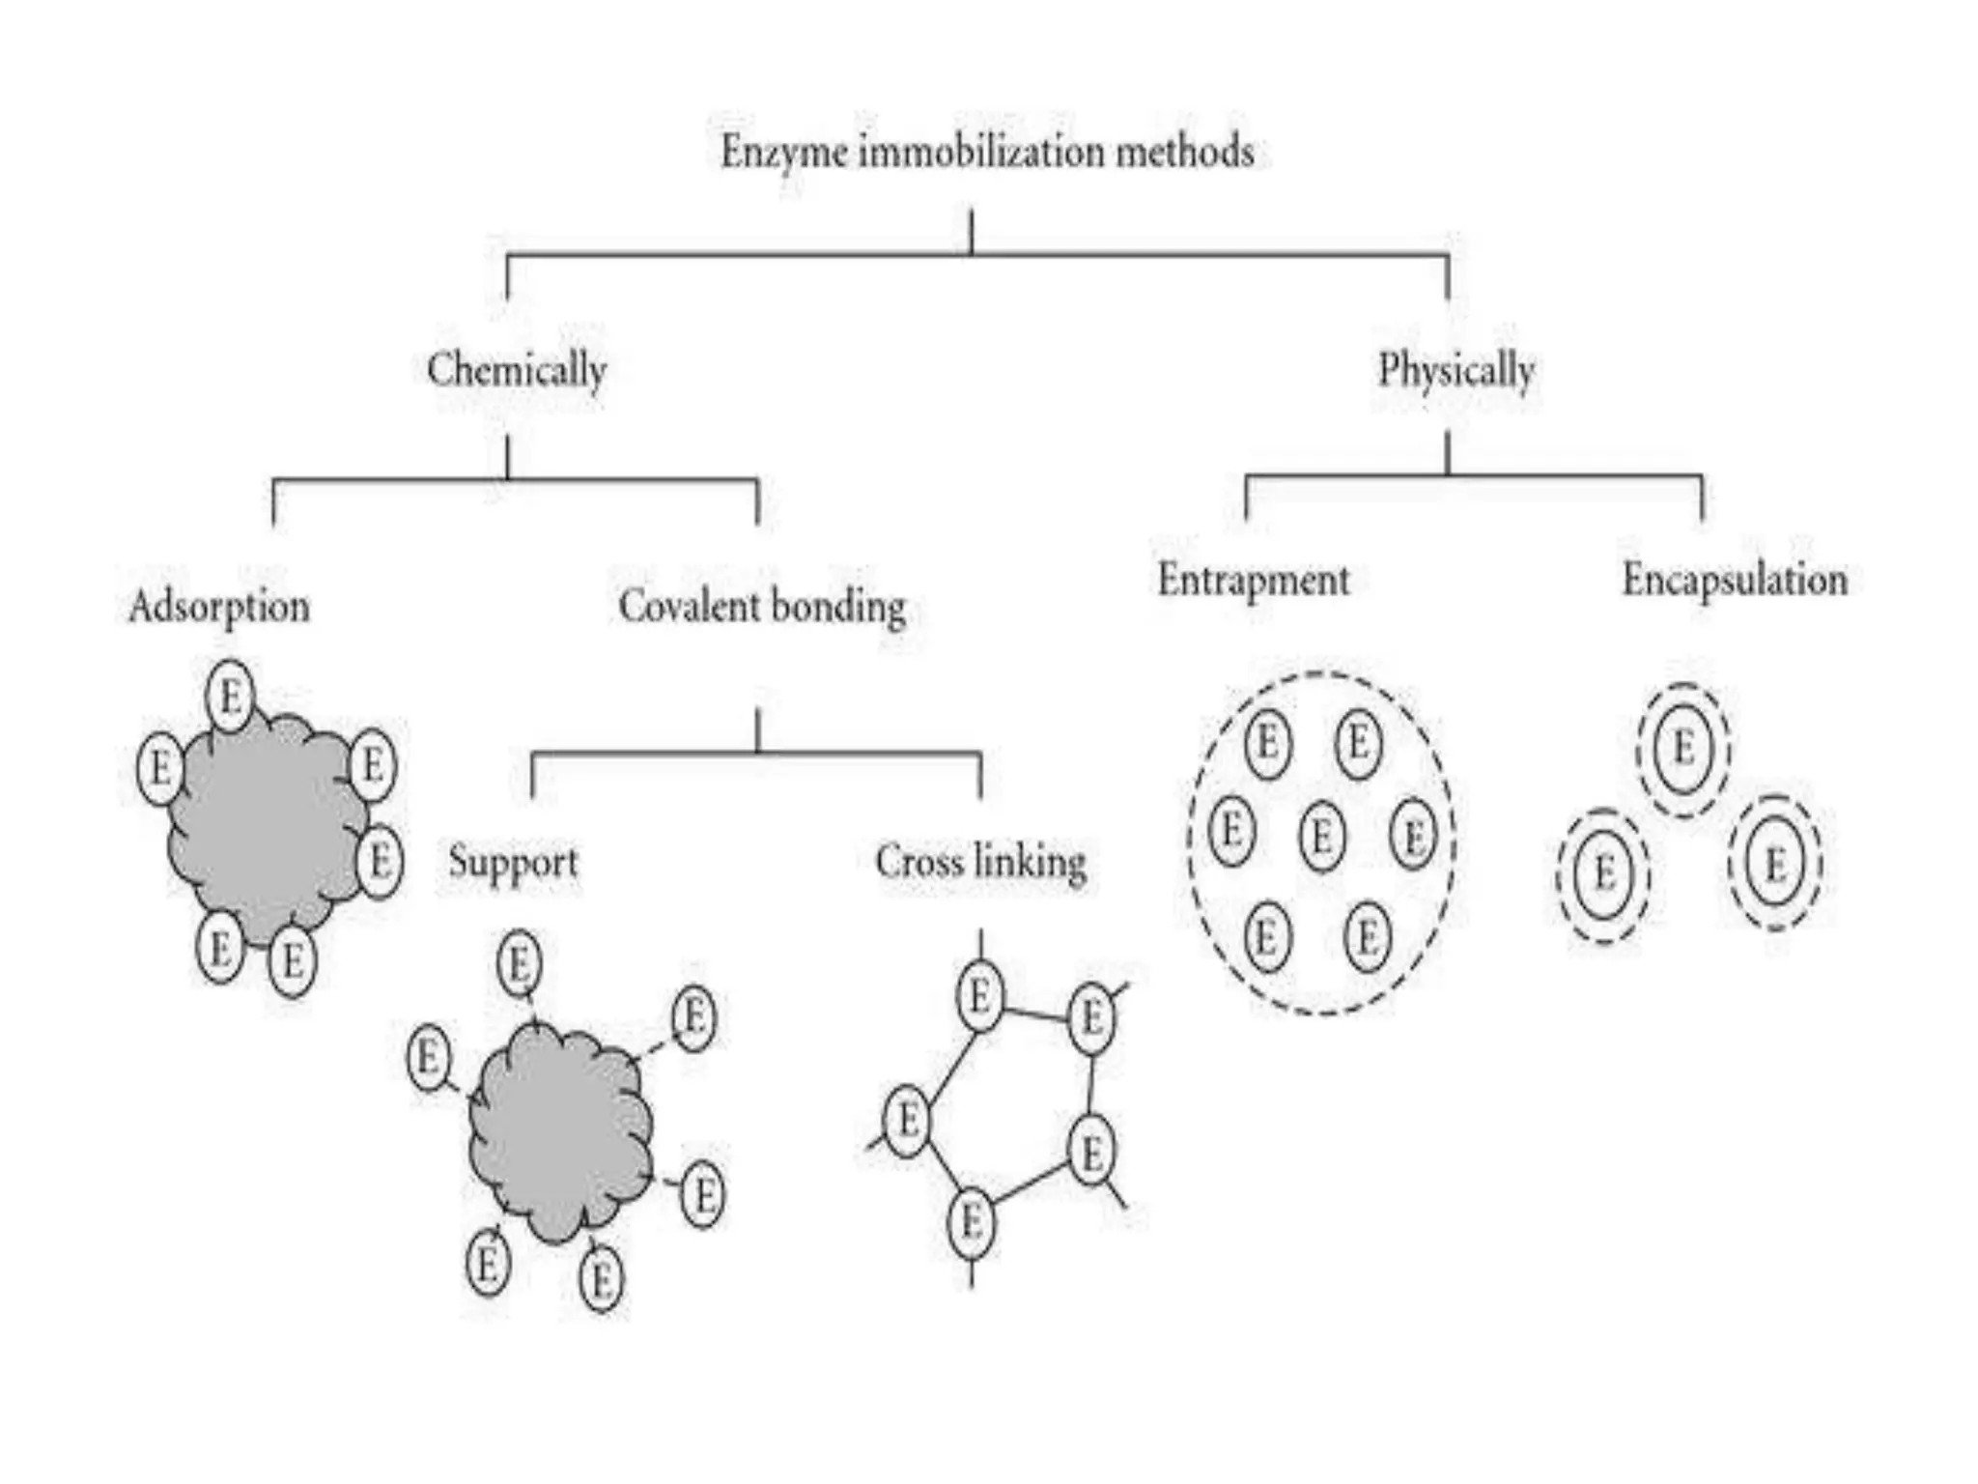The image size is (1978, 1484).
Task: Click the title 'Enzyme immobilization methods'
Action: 987,153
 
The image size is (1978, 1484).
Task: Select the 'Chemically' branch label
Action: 517,370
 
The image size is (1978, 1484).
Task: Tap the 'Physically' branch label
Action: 1455,370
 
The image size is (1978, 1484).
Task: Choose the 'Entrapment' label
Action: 1253,581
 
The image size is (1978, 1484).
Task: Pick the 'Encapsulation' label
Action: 1734,581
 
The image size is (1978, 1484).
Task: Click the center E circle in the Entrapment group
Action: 1322,835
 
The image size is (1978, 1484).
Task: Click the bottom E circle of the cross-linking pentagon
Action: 972,1223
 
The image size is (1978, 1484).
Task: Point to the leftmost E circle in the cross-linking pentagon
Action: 907,1121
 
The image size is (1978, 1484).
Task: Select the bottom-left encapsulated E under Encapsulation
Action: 1603,875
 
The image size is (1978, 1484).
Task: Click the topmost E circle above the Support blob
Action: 520,963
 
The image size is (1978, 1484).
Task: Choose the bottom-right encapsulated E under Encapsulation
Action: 1775,863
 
